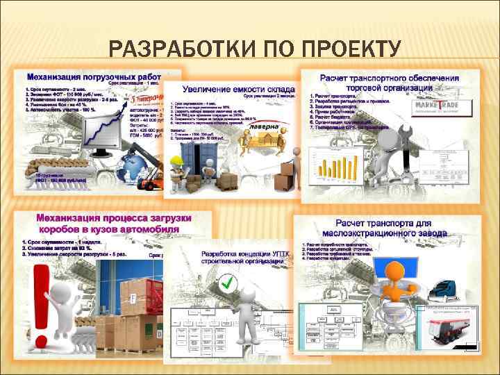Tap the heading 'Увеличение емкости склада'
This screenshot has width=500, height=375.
point(242,89)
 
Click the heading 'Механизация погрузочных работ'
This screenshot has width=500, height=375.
point(94,76)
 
